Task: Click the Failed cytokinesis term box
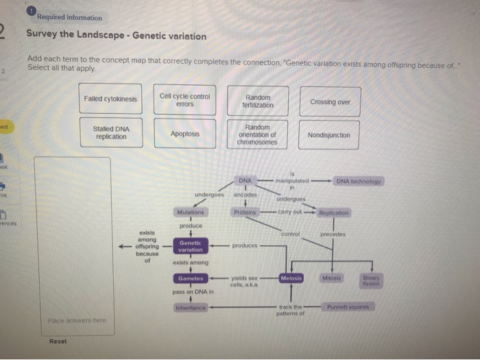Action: [110, 99]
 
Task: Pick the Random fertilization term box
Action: [258, 101]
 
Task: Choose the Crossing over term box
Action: [330, 101]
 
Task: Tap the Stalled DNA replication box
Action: [110, 133]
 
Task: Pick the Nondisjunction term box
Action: [330, 135]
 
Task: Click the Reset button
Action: [58, 341]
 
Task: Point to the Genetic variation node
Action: [190, 246]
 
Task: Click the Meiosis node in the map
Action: [291, 278]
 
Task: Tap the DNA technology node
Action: [360, 181]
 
